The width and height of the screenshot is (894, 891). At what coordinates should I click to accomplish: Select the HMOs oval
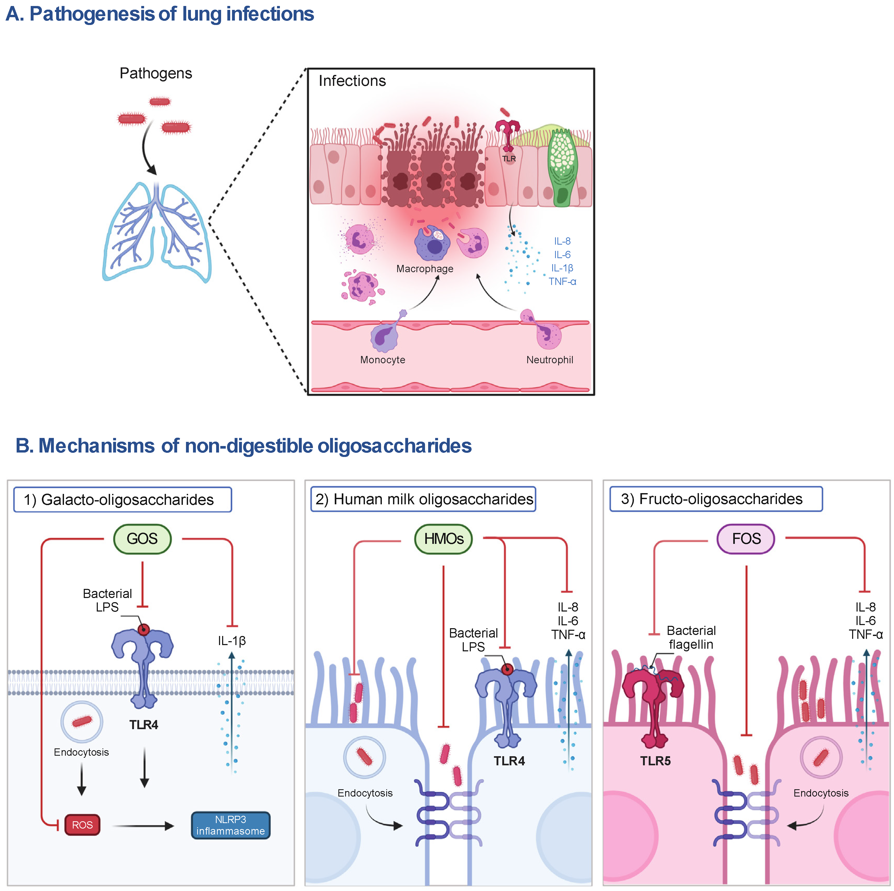pyautogui.click(x=443, y=538)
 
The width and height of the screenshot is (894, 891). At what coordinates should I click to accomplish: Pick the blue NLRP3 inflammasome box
pyautogui.click(x=230, y=825)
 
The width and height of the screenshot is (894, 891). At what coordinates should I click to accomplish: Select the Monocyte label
pyautogui.click(x=383, y=360)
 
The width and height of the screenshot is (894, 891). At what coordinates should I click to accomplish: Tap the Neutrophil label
pyautogui.click(x=549, y=360)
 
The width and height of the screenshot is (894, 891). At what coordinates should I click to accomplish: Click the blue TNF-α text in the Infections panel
pyautogui.click(x=562, y=281)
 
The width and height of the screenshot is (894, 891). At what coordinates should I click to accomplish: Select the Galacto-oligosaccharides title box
pyautogui.click(x=123, y=499)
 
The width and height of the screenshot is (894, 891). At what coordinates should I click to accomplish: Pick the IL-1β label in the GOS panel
pyautogui.click(x=232, y=641)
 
